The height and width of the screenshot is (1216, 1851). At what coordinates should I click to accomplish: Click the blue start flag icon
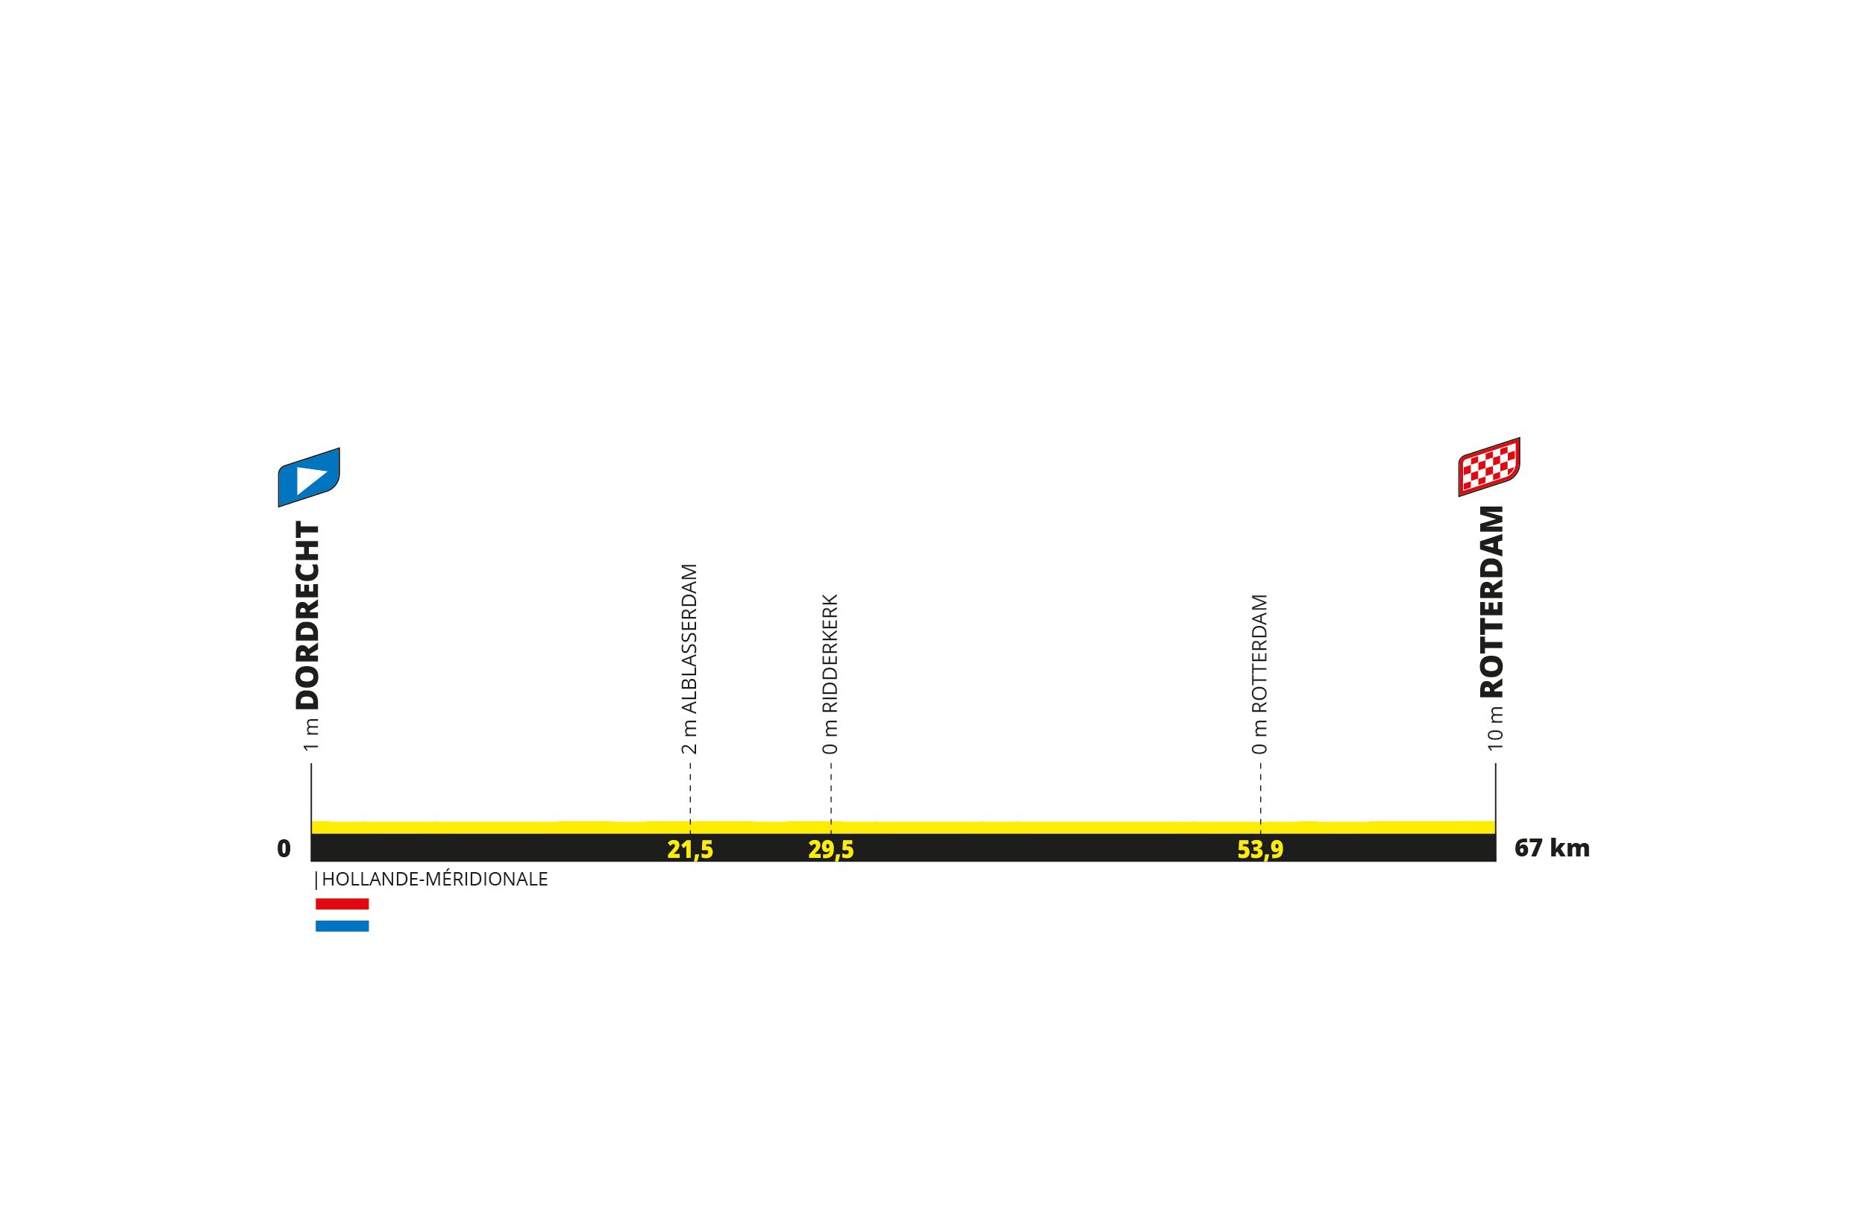click(309, 477)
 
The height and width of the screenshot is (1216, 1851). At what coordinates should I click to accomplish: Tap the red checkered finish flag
click(1488, 466)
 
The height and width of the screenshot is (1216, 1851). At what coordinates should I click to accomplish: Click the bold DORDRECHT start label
click(308, 615)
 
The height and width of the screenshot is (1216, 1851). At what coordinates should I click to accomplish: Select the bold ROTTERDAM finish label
click(1491, 602)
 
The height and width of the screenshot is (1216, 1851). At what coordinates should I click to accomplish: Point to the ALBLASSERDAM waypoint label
click(689, 639)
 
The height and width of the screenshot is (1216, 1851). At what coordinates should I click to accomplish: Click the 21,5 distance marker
click(690, 850)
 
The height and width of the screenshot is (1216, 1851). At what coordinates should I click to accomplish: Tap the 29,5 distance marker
click(830, 850)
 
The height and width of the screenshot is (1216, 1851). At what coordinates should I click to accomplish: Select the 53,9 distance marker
click(1260, 850)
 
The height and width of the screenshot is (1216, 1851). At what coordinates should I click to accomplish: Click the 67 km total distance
click(1552, 847)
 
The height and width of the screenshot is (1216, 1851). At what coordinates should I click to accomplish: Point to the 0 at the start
click(284, 848)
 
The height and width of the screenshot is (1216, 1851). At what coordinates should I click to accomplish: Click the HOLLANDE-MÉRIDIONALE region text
click(434, 880)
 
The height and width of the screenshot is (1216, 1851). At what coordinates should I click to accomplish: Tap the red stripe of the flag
click(342, 904)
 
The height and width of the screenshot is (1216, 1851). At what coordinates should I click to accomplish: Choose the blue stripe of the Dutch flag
click(342, 926)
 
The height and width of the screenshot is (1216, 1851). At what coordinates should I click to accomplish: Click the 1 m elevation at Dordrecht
click(311, 735)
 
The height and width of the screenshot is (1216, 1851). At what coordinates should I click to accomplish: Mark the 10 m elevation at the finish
click(1495, 729)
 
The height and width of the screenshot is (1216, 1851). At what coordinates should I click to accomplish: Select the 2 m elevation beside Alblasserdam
click(689, 737)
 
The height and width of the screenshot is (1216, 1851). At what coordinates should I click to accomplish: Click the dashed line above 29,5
click(830, 791)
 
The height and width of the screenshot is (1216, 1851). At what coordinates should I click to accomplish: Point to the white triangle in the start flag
click(310, 478)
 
